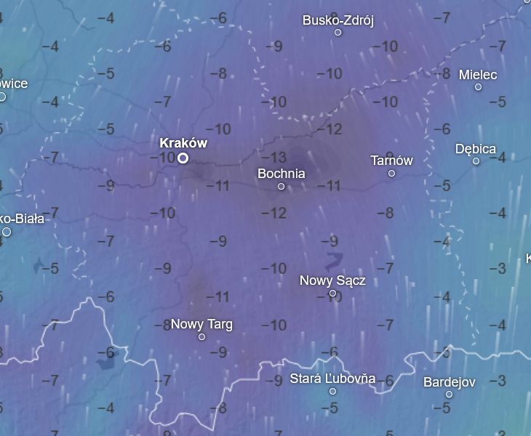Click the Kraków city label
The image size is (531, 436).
pos(183,143)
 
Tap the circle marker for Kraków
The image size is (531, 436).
pos(183,158)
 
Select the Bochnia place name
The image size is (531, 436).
pos(282,174)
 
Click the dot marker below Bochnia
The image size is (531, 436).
pos(282,187)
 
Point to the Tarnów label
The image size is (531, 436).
pos(391,161)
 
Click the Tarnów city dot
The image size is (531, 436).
pos(391,174)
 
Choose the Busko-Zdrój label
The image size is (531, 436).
pos(338,20)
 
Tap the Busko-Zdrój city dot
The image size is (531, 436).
pos(338,33)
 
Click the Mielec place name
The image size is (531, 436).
pos(478,75)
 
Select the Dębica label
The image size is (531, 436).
pos(476,149)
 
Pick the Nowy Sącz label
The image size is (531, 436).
pos(332,280)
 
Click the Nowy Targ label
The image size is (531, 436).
pos(201,324)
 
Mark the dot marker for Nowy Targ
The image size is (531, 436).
pos(201,337)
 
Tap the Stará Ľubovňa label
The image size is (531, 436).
pos(332,379)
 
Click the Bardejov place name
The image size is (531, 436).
pos(449,382)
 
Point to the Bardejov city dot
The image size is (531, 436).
pos(449,395)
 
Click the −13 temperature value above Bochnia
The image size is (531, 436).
pos(278,158)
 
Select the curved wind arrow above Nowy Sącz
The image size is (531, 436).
pos(334,260)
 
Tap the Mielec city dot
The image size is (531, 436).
pos(478,87)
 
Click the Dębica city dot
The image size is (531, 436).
pos(476,161)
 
